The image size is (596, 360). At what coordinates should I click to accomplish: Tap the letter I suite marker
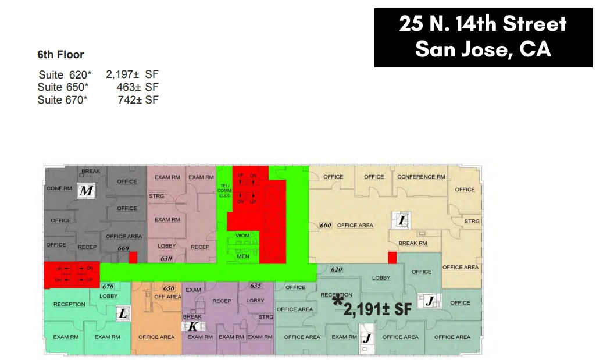402,220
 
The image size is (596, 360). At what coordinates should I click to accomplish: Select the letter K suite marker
193,326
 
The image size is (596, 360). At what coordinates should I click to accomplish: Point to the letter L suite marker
123,313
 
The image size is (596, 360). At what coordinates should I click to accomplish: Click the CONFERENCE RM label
421,177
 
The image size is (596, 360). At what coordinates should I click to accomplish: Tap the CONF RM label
59,188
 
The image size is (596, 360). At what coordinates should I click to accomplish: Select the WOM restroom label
242,236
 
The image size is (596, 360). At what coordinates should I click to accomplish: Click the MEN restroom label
242,256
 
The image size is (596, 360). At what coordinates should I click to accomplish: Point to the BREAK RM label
412,243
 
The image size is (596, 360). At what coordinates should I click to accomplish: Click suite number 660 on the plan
123,248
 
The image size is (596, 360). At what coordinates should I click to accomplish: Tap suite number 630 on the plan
166,258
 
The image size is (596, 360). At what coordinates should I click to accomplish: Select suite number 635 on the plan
255,286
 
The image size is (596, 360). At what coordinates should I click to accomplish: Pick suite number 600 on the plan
326,225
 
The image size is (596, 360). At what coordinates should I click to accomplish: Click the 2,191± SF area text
377,310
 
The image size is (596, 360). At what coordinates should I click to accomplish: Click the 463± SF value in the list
138,87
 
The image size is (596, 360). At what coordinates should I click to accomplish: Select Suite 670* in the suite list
63,100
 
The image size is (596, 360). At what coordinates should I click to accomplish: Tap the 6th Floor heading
60,55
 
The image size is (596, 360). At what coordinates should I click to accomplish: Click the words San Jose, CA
483,49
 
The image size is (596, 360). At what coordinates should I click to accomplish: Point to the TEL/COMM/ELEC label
225,190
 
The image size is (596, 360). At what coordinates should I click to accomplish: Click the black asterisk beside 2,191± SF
337,301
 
